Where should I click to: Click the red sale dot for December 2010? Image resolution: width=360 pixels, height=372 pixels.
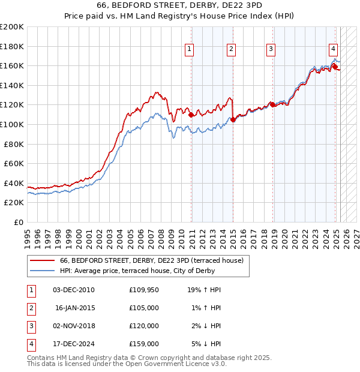click(x=191, y=114)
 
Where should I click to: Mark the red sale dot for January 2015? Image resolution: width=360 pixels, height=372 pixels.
click(x=233, y=119)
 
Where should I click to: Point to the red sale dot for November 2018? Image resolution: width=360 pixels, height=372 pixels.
click(x=272, y=104)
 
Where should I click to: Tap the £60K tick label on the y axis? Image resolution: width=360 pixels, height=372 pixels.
click(x=14, y=163)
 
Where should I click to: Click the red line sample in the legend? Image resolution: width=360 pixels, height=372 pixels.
click(x=42, y=261)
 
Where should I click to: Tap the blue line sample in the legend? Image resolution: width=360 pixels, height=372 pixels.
click(x=42, y=271)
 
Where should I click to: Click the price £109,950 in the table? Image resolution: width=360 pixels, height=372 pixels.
click(x=144, y=290)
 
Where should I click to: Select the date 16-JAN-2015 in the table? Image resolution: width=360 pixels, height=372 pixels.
click(x=76, y=308)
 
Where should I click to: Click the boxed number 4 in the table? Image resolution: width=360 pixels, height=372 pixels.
click(x=30, y=344)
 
